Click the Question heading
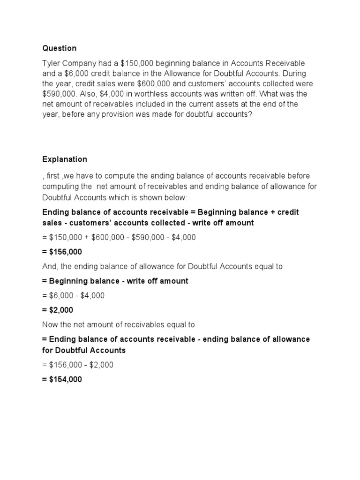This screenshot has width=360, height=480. pos(59,48)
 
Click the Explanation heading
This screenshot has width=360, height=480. pos(65,159)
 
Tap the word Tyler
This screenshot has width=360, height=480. pos(52,63)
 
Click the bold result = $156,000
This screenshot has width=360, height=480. pos(62,252)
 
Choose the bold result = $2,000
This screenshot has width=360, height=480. pos(58,310)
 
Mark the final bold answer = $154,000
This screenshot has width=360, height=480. pos(62,380)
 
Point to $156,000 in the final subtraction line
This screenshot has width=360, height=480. pos(65,365)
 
